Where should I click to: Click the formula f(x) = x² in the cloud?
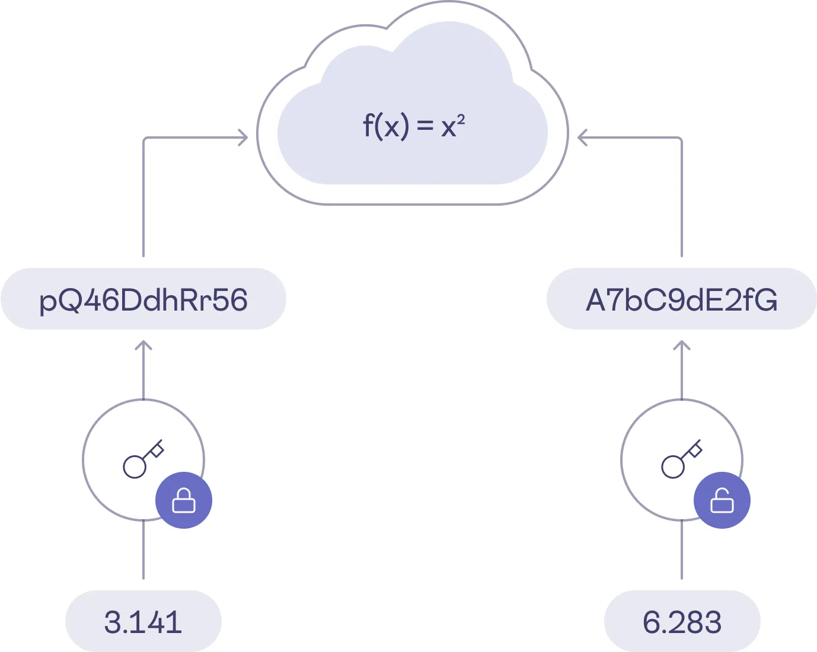[413, 126]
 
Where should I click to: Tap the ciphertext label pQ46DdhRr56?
[143, 299]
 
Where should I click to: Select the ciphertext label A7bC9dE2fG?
[681, 299]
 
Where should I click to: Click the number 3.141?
[143, 622]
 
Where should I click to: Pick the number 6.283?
[682, 622]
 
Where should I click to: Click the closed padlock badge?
[184, 500]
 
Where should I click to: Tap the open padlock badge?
[722, 500]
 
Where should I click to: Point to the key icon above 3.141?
[142, 459]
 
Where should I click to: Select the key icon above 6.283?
[681, 459]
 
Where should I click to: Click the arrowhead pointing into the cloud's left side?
[244, 138]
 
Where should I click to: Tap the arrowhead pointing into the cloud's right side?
[582, 138]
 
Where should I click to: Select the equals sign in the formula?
[425, 126]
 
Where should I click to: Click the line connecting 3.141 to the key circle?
[143, 551]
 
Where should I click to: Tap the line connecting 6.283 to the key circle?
[682, 551]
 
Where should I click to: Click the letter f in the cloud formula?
[368, 125]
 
